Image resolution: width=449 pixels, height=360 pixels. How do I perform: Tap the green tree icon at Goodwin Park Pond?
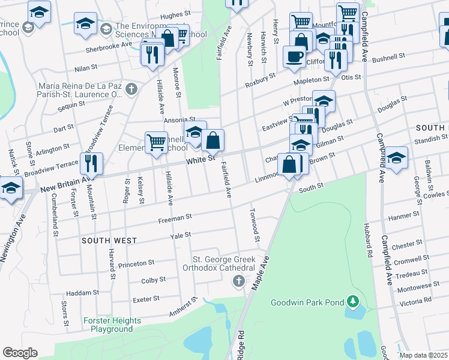[x=354, y=300]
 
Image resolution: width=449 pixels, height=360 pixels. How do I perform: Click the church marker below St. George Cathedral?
[x=239, y=281]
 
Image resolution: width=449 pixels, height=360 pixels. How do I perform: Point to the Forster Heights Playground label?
[x=112, y=325]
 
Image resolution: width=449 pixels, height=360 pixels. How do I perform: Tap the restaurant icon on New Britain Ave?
[x=91, y=163]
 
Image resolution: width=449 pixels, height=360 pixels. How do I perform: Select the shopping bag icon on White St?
[x=212, y=140]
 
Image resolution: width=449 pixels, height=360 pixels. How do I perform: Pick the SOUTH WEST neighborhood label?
[x=109, y=241]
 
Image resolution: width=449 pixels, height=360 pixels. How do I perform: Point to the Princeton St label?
[x=136, y=263]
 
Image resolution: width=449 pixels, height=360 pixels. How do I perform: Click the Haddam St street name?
[x=83, y=293]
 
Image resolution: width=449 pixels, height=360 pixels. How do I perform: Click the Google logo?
[x=20, y=353]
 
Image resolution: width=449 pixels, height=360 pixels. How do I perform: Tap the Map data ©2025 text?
[x=423, y=355]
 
